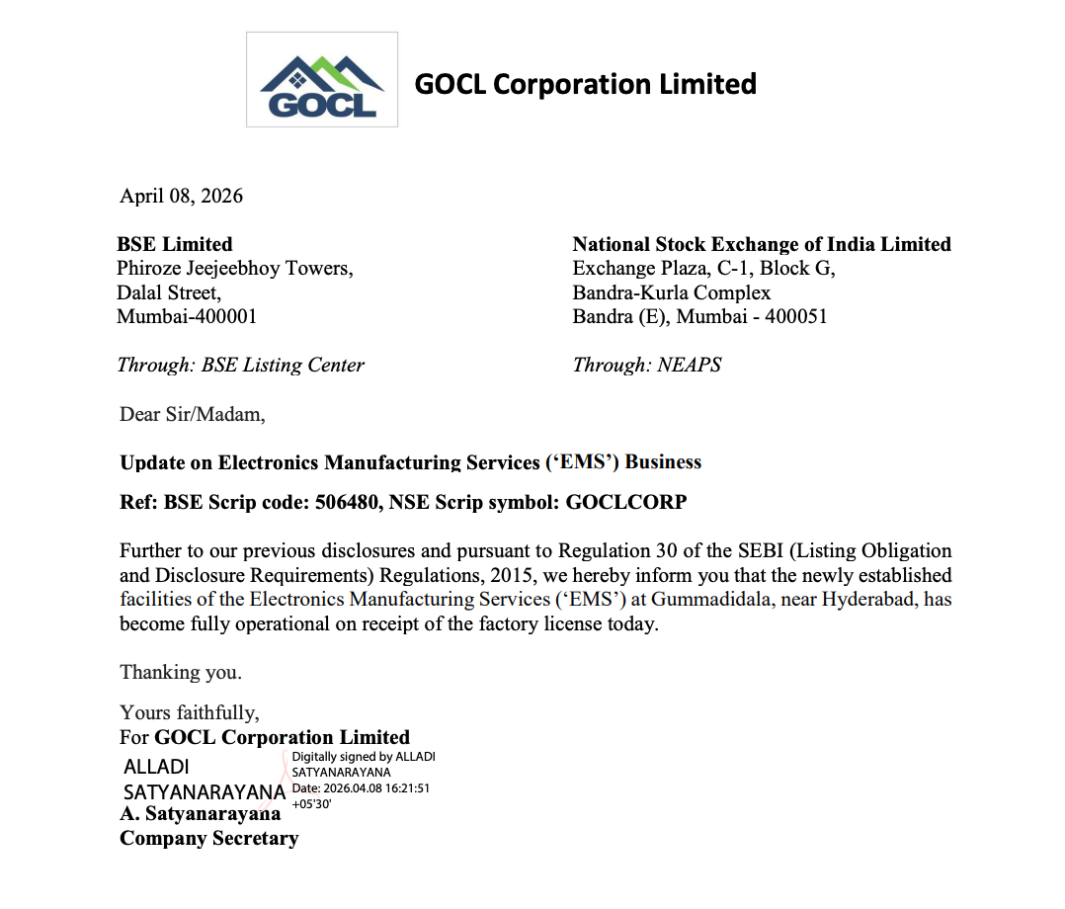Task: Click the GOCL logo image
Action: click(321, 80)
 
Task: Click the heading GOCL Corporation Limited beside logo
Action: click(585, 84)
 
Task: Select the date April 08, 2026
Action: click(181, 196)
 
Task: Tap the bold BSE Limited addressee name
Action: click(175, 244)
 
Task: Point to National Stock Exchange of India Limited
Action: click(762, 244)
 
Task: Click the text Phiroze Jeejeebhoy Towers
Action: click(234, 268)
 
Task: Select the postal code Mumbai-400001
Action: click(187, 316)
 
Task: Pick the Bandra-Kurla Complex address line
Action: click(672, 292)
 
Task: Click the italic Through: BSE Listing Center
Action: click(240, 365)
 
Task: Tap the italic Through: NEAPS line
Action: click(647, 365)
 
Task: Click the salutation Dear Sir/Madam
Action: click(193, 414)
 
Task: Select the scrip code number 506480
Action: click(344, 502)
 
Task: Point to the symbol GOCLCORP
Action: click(626, 502)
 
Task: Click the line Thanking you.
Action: click(181, 672)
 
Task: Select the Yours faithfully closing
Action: click(190, 712)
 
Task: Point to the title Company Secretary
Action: click(208, 838)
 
